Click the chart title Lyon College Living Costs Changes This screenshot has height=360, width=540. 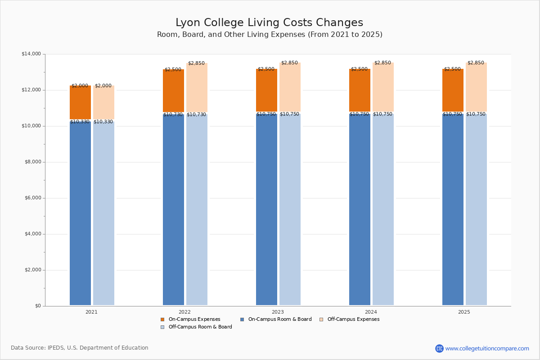(269, 23)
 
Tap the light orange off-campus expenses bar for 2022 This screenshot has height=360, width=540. (197, 89)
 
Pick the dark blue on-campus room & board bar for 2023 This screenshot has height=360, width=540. (266, 209)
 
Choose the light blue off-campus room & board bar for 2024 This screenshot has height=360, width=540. (383, 209)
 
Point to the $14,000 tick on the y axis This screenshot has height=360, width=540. (31, 54)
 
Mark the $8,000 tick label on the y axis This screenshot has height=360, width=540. (32, 162)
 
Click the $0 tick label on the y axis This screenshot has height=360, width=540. (37, 306)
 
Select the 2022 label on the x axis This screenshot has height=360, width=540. (184, 312)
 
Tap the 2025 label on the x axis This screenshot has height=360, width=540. (464, 312)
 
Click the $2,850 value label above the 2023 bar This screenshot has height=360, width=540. (289, 63)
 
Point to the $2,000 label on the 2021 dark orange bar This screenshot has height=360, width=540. (80, 86)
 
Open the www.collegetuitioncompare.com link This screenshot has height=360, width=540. (487, 348)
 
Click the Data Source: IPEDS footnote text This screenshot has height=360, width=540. (80, 348)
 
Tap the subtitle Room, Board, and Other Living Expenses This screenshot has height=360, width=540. (270, 35)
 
